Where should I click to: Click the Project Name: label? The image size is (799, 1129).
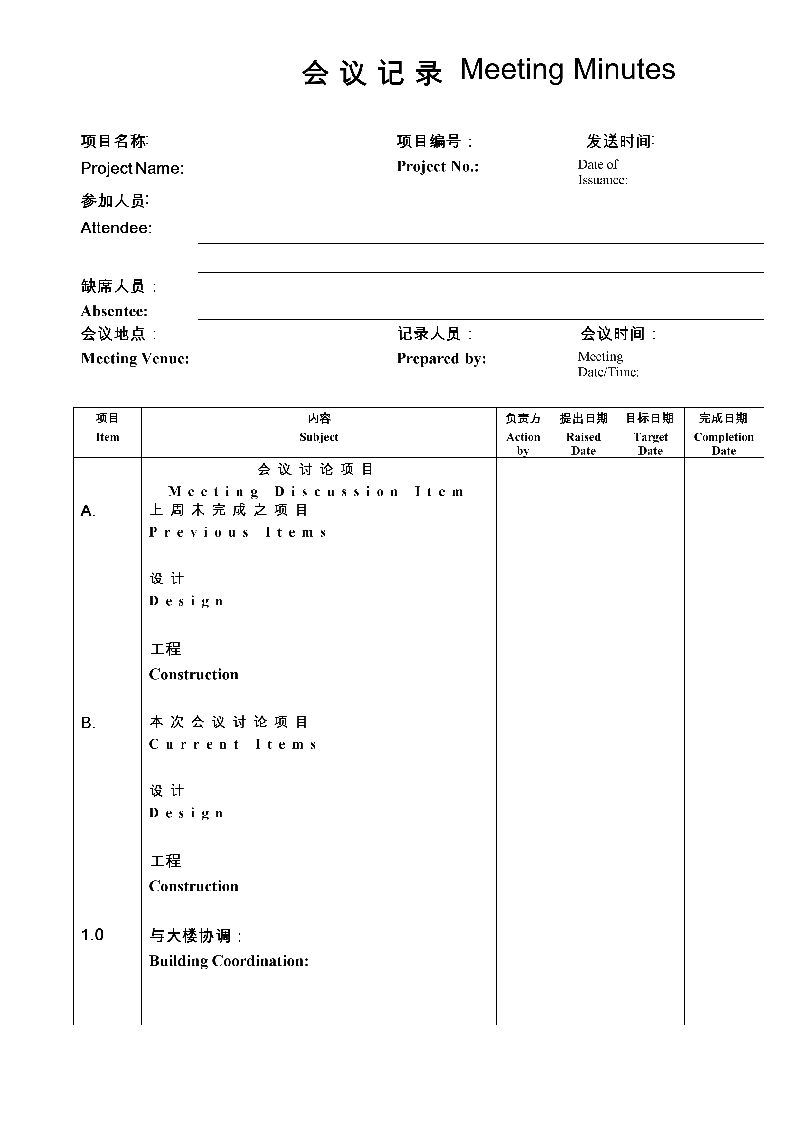[x=132, y=168]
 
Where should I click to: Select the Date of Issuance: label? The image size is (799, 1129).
[x=602, y=172]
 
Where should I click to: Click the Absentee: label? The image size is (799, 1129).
[x=114, y=311]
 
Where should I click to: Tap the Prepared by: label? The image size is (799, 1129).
[x=441, y=359]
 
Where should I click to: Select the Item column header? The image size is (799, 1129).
[x=107, y=437]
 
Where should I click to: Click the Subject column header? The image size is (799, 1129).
[x=319, y=437]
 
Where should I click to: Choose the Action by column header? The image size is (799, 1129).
[x=523, y=443]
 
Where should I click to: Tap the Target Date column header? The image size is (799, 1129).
[x=650, y=443]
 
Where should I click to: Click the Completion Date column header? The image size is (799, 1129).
[x=724, y=443]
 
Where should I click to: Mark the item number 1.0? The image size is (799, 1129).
[x=92, y=935]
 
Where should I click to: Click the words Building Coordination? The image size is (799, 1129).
[x=229, y=960]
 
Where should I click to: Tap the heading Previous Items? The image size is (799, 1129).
[x=238, y=532]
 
